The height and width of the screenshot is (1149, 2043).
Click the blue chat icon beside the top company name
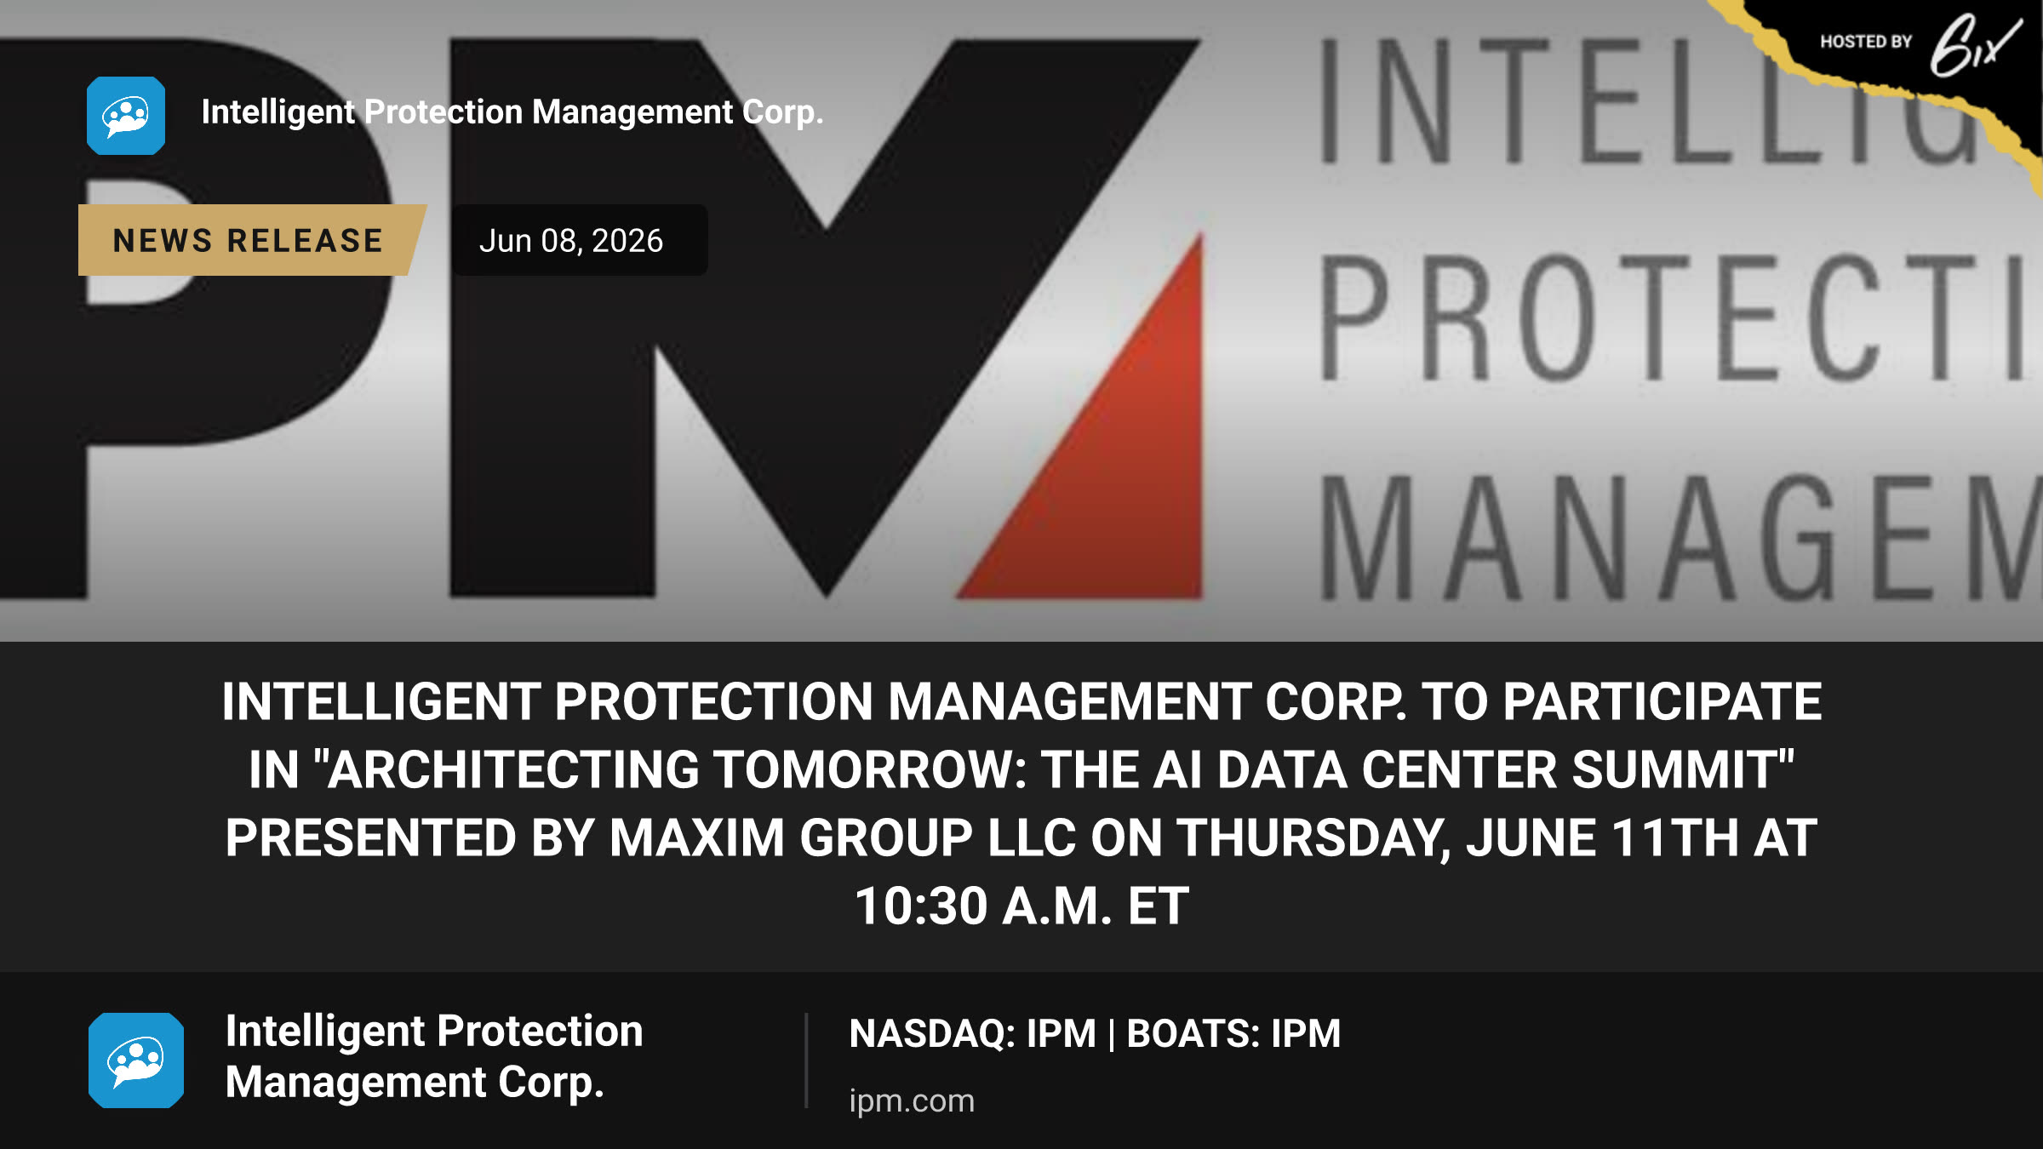(x=126, y=116)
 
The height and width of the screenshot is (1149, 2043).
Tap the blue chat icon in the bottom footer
(x=136, y=1060)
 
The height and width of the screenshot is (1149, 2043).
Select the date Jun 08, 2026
(x=571, y=241)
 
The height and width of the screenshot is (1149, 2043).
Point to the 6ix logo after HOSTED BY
(x=1975, y=44)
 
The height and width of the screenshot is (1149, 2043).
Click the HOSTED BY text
(x=1866, y=42)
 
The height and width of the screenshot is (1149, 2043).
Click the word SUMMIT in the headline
(x=1675, y=769)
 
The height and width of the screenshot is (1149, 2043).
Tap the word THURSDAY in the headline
(x=1314, y=837)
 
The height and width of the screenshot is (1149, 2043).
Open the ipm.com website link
(x=912, y=1101)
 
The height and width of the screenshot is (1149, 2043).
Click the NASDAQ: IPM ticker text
(x=973, y=1033)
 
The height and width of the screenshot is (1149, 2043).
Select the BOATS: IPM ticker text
(x=1234, y=1033)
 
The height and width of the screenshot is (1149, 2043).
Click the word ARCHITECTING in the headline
(x=513, y=769)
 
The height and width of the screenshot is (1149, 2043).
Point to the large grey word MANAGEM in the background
(x=1681, y=538)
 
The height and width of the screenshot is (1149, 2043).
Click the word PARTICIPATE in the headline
(x=1662, y=701)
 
